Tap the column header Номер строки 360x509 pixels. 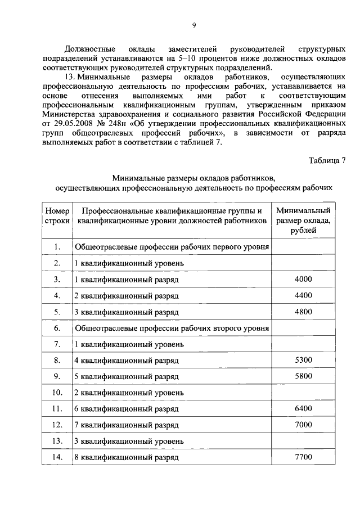coord(57,216)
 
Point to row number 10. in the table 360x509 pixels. coord(57,392)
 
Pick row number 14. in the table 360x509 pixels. coord(57,457)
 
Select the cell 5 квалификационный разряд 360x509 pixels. coord(126,376)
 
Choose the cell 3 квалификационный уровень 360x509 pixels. coord(129,441)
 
